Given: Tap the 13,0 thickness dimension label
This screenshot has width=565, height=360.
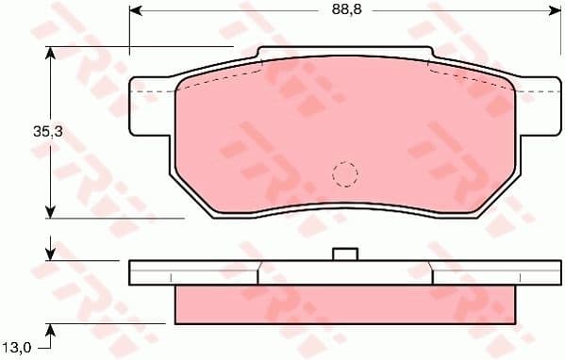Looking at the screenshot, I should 19,347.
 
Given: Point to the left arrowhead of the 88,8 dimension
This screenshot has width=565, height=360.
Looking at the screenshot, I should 135,10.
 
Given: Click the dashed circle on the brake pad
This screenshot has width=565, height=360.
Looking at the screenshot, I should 345,173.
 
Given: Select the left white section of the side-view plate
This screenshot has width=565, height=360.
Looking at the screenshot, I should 193,271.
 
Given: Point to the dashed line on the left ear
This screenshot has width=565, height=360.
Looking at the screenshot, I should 155,92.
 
